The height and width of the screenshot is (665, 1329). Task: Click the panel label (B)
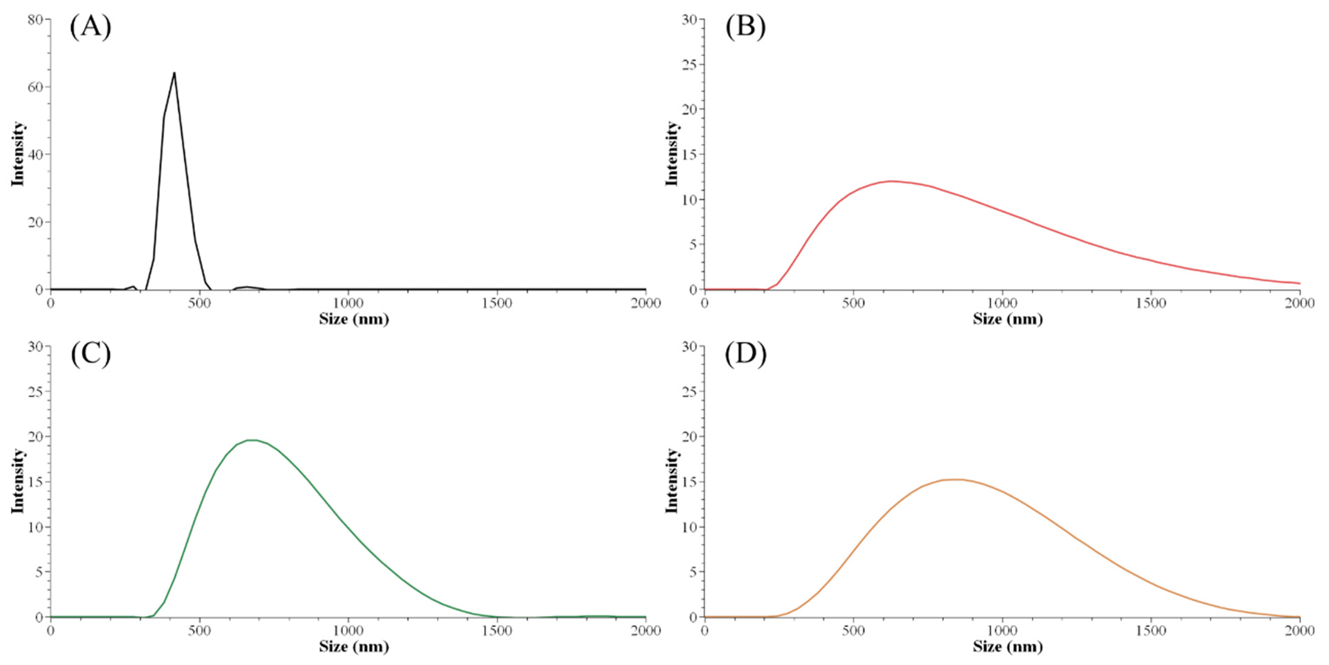745,27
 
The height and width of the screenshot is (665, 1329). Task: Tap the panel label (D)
745,354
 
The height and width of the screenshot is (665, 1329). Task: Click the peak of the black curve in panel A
174,73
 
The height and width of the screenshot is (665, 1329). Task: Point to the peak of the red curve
891,181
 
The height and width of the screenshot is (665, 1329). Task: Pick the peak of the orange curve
954,480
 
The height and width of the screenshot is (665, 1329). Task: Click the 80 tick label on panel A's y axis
35,19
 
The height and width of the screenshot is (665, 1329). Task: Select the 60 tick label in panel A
35,87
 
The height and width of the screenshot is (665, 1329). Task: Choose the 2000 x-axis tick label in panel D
1300,631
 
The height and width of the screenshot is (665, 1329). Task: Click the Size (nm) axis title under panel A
354,319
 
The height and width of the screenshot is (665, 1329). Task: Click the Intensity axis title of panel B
671,153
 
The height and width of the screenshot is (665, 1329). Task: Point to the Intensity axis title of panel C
17,480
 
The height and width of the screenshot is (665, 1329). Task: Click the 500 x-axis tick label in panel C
199,631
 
